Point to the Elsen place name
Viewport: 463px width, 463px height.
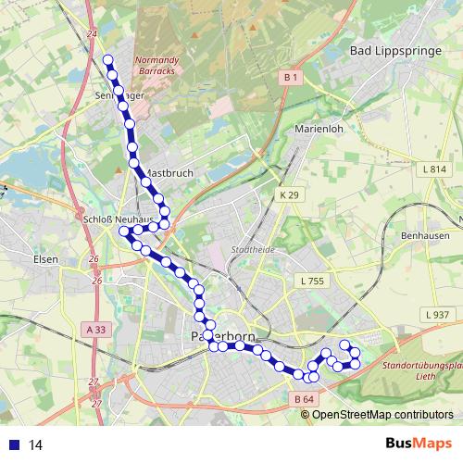tap(44, 259)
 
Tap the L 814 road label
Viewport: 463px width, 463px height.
tap(433, 169)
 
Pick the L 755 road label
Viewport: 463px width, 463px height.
tap(312, 281)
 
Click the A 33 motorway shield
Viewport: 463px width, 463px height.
tap(97, 329)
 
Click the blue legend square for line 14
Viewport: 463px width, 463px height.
tap(14, 444)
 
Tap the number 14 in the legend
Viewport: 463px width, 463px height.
tap(36, 444)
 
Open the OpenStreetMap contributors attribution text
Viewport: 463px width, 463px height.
tap(382, 415)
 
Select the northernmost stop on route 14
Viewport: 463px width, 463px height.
tap(107, 60)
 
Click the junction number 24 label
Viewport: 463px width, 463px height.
tap(90, 34)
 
